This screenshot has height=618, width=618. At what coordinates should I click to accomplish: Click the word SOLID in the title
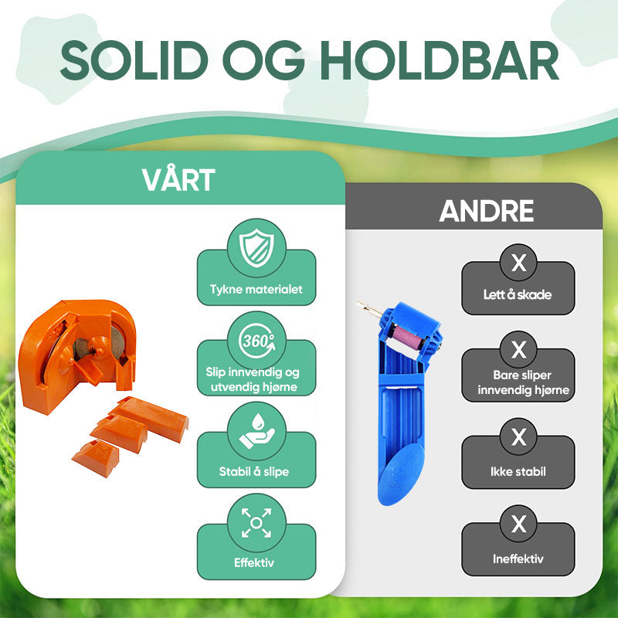click(x=134, y=60)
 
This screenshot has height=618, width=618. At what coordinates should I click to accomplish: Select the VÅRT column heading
click(x=178, y=179)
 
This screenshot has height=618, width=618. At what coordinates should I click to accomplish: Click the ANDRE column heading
click(x=487, y=211)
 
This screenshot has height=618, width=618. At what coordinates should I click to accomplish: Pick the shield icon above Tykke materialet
click(x=256, y=248)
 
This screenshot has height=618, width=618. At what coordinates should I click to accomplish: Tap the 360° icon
click(x=256, y=341)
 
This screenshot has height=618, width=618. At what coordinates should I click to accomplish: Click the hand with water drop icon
click(x=256, y=431)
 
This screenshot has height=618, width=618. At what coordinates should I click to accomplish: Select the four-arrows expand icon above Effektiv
click(x=256, y=523)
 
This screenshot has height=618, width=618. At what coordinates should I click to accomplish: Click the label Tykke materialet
click(x=256, y=289)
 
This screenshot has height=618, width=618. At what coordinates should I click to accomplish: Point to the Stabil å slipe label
click(x=254, y=471)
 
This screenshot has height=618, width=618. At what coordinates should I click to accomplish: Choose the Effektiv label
click(x=254, y=562)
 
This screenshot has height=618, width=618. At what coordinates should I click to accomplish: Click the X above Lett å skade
click(x=518, y=263)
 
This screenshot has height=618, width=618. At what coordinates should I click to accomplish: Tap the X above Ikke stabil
click(x=518, y=436)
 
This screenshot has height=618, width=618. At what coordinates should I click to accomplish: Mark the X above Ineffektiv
click(x=518, y=524)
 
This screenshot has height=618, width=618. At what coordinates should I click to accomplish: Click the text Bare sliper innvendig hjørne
click(x=523, y=382)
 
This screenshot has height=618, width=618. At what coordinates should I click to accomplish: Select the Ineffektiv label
click(x=518, y=559)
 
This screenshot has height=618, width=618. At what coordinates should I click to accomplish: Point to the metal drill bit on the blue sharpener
click(x=369, y=310)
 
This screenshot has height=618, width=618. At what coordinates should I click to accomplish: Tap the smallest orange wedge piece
click(x=96, y=458)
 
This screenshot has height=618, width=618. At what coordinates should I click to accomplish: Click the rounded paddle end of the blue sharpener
click(x=400, y=474)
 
